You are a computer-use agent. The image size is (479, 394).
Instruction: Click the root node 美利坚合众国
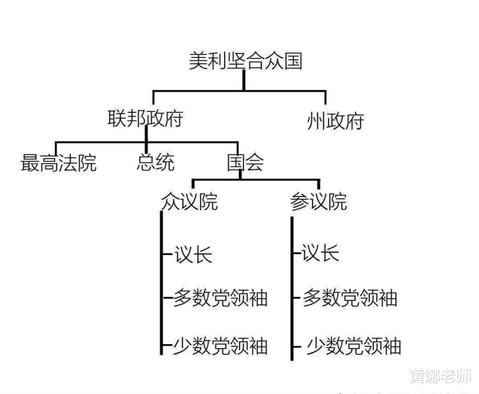click(x=246, y=61)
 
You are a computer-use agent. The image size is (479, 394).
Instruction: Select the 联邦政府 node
click(x=146, y=118)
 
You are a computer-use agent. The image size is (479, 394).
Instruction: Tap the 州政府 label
click(x=335, y=121)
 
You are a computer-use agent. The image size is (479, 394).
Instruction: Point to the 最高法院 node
click(x=59, y=162)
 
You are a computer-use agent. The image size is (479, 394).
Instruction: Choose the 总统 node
click(x=156, y=162)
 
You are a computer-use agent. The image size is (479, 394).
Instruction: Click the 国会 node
click(x=245, y=162)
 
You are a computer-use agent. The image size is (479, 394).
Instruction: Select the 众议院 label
click(x=190, y=202)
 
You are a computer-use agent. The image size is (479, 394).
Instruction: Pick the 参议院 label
click(x=319, y=202)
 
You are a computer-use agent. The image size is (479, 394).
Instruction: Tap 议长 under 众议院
click(x=193, y=254)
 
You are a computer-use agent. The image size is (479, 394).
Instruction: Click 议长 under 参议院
click(x=320, y=252)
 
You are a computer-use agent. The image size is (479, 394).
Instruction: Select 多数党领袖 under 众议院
click(x=221, y=297)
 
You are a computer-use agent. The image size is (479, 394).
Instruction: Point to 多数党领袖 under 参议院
click(x=350, y=297)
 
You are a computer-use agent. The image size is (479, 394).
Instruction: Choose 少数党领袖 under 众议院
click(x=221, y=345)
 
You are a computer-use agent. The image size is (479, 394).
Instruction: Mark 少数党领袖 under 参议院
click(x=354, y=345)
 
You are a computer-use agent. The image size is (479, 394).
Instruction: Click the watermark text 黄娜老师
click(x=440, y=375)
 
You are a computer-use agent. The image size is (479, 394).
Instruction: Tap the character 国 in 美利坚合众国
click(x=293, y=61)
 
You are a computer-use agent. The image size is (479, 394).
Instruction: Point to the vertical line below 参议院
click(x=292, y=289)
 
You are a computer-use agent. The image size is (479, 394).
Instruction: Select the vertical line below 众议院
click(x=162, y=283)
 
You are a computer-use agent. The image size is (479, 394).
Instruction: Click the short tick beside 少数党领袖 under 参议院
click(x=297, y=347)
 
